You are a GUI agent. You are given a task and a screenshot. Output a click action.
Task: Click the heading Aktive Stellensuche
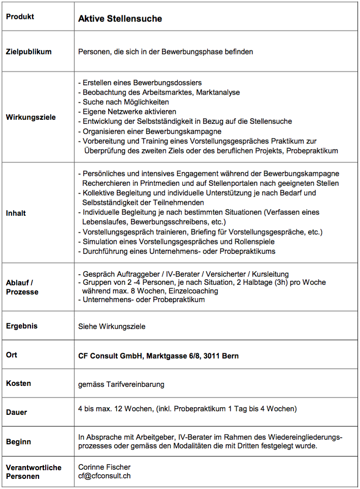tap(120, 19)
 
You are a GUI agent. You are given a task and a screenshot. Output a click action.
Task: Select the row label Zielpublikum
tap(28, 51)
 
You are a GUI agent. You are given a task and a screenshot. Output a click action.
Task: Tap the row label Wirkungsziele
tap(30, 117)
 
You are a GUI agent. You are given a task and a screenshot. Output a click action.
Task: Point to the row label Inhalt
tap(16, 213)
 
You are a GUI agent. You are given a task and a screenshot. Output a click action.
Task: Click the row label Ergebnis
tap(22, 326)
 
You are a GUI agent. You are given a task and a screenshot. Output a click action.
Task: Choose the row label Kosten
tap(19, 383)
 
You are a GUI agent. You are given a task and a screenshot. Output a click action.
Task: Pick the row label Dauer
tap(17, 412)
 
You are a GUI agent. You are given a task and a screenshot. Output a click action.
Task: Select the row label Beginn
tap(18, 442)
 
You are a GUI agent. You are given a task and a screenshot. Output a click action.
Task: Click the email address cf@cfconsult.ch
tap(105, 476)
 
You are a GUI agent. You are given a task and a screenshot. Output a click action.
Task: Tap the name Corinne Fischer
tap(104, 467)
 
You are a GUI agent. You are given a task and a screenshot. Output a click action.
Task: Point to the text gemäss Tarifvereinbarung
tap(121, 384)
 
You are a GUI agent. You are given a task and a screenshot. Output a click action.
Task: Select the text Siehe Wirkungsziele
tap(112, 327)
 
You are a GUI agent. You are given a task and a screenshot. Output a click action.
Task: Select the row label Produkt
tap(20, 16)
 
